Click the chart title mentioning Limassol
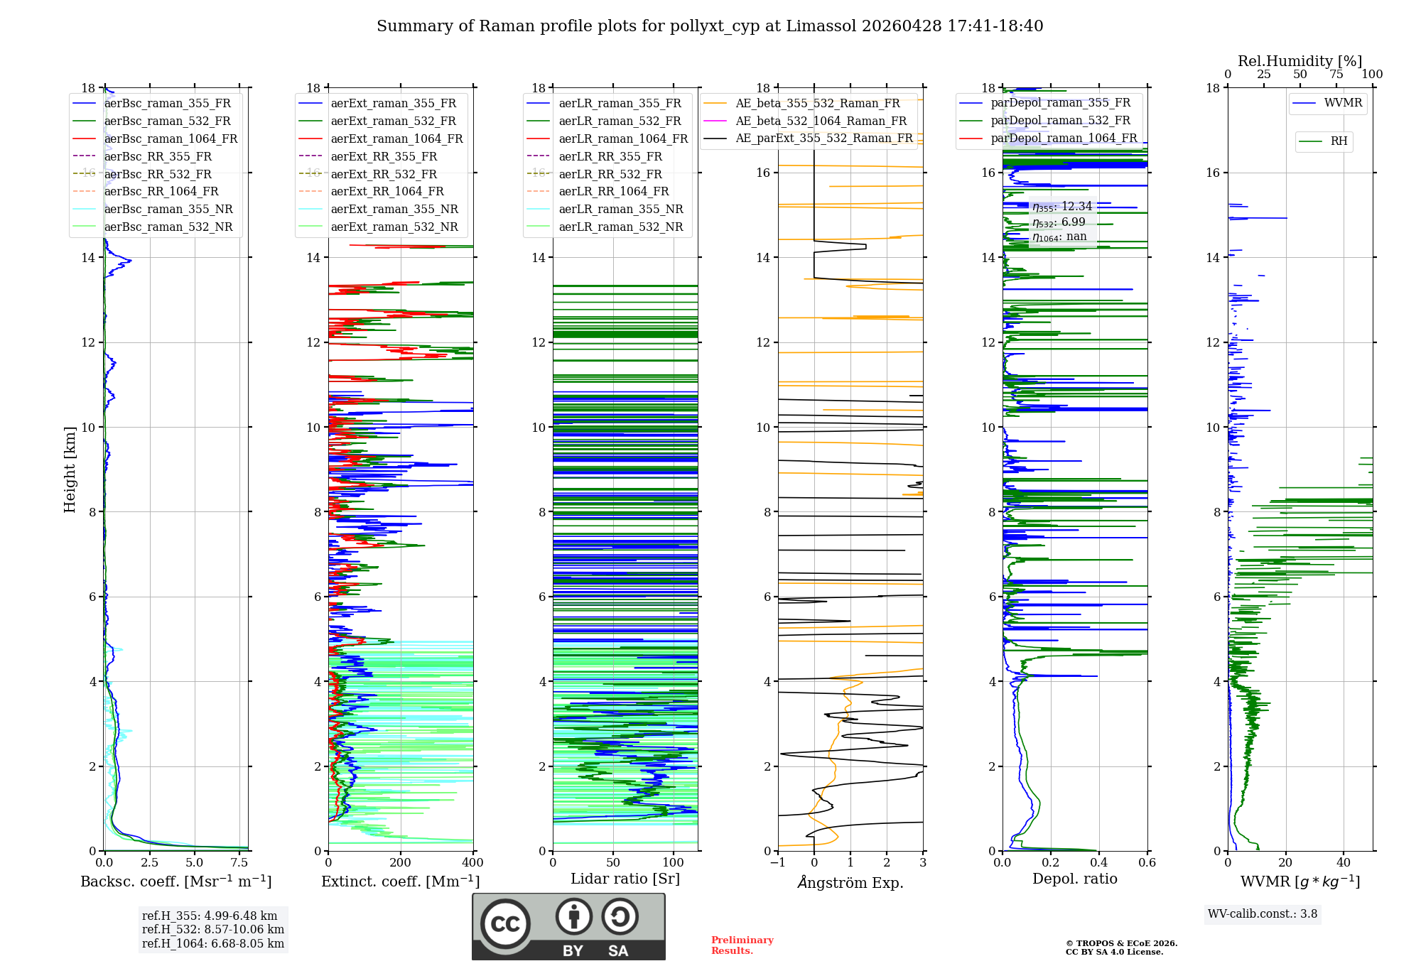(710, 26)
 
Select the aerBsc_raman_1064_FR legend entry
(171, 139)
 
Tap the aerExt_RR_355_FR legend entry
(384, 156)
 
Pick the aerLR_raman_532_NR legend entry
(620, 227)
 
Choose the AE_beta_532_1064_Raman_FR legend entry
(821, 121)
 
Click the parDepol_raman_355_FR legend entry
(1060, 103)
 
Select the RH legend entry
(1339, 141)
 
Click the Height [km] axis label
(70, 469)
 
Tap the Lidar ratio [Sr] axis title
(625, 879)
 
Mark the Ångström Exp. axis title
(850, 882)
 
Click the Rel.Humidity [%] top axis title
(1300, 61)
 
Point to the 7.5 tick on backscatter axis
(239, 863)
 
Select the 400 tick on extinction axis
(473, 863)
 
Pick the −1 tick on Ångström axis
(778, 863)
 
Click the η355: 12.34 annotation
(1062, 207)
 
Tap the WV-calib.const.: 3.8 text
(1263, 914)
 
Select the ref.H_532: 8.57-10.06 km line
(213, 929)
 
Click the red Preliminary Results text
(742, 945)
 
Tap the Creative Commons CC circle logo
(505, 924)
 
